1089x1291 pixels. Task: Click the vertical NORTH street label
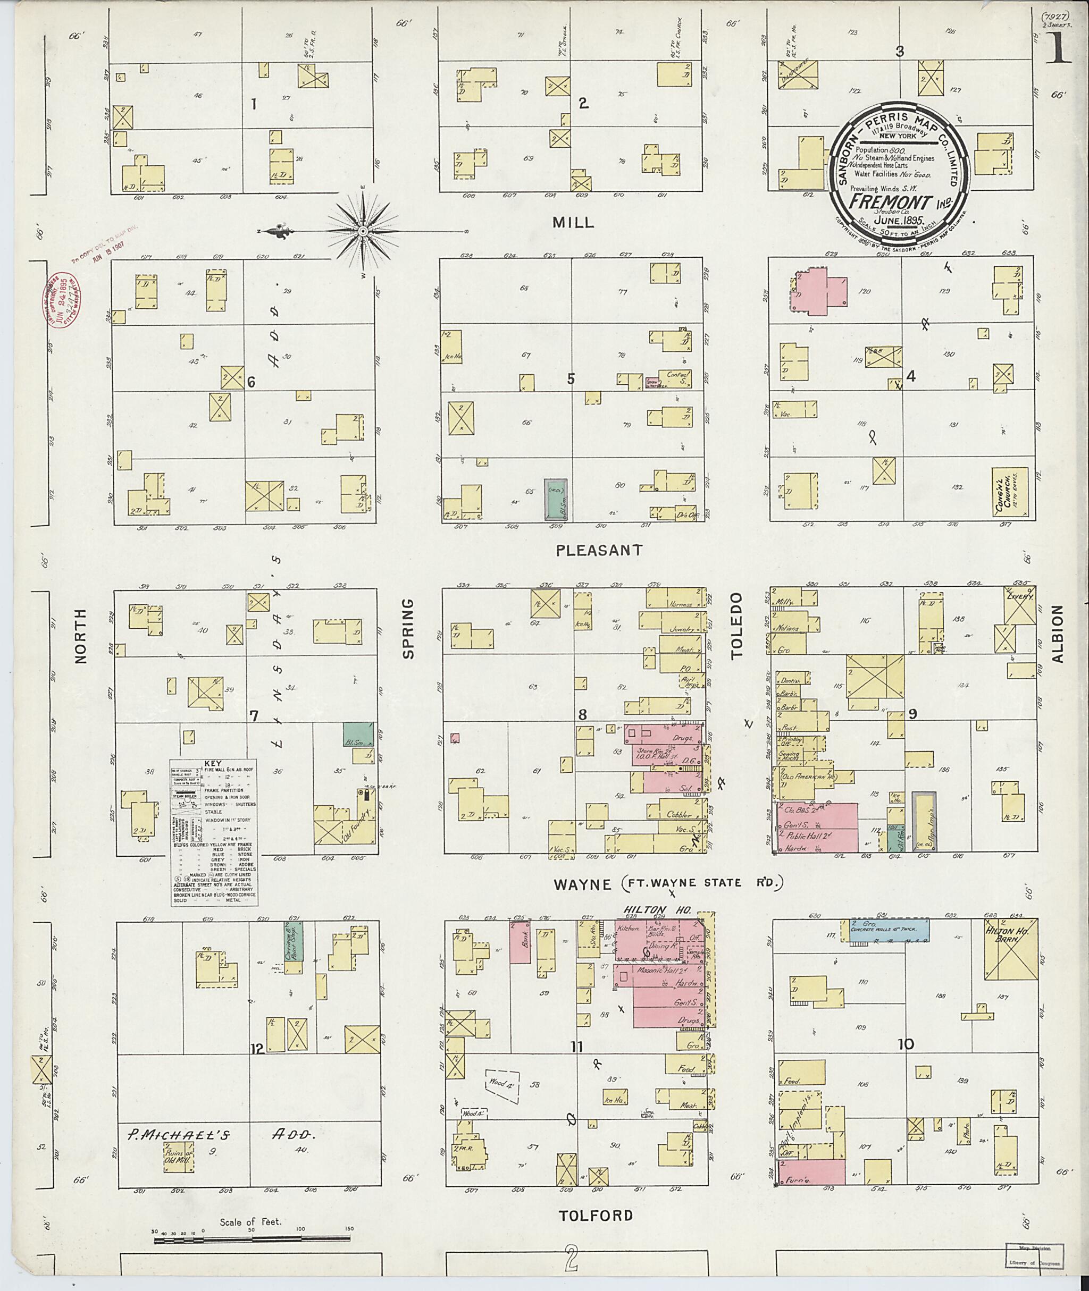(x=81, y=636)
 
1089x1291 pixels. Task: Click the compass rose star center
(x=363, y=231)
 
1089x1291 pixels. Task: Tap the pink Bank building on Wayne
(x=521, y=942)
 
